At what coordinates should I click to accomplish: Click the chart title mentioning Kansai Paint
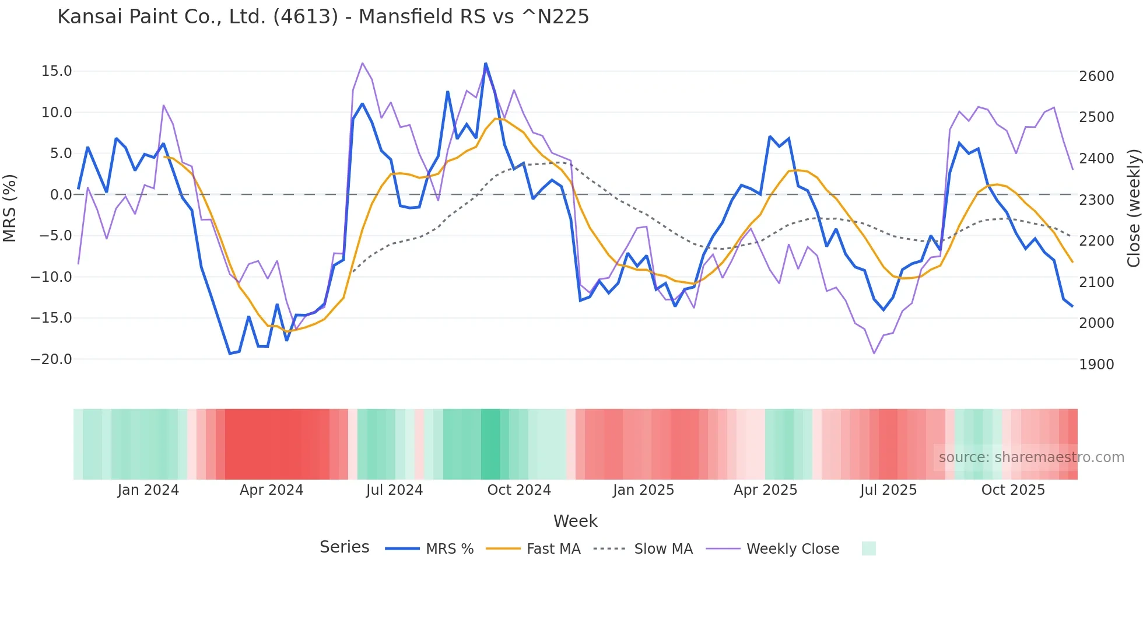(323, 16)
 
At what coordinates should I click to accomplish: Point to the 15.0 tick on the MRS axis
(57, 71)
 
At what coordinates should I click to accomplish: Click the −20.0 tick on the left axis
(51, 359)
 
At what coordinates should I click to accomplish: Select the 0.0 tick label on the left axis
(61, 195)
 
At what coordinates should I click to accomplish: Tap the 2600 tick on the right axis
(1096, 76)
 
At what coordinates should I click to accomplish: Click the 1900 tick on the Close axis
(1096, 365)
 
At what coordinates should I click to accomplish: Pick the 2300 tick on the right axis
(1096, 200)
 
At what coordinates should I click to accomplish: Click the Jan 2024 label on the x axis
(148, 490)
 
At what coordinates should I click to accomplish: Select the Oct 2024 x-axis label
(519, 490)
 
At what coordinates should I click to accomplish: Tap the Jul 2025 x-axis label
(888, 490)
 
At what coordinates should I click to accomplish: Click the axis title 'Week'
(575, 521)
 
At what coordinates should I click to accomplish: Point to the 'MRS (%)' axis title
(10, 208)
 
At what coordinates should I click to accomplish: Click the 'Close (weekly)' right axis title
(1133, 208)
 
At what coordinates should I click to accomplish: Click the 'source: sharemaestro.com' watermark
(1031, 457)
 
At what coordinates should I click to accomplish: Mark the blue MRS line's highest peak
(485, 64)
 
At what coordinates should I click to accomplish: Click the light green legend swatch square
(868, 548)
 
